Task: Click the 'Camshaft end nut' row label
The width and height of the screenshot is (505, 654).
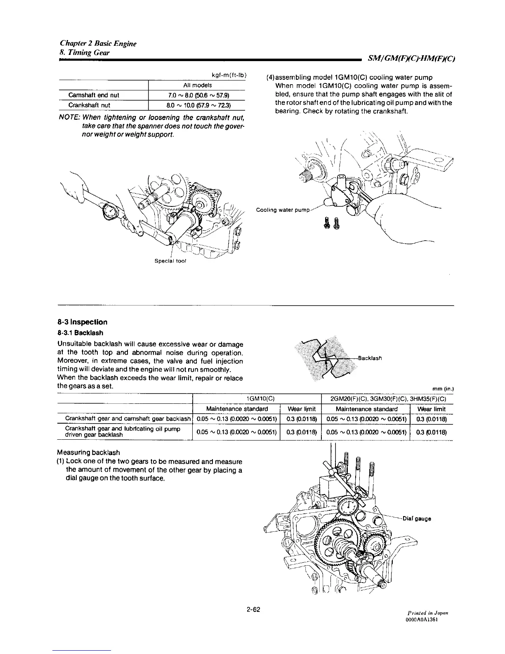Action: pos(94,95)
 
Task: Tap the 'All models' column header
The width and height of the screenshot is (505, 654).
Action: pos(198,85)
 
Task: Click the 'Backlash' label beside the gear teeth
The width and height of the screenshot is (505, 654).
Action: pos(370,358)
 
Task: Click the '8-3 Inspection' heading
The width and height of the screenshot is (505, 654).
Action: pos(83,322)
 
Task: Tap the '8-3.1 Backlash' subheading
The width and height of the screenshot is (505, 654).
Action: pos(80,333)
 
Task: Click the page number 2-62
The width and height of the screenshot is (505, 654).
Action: pos(253,610)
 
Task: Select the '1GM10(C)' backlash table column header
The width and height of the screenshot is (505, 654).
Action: pos(257,398)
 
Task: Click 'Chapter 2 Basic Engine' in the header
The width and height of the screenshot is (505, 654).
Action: pos(98,43)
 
